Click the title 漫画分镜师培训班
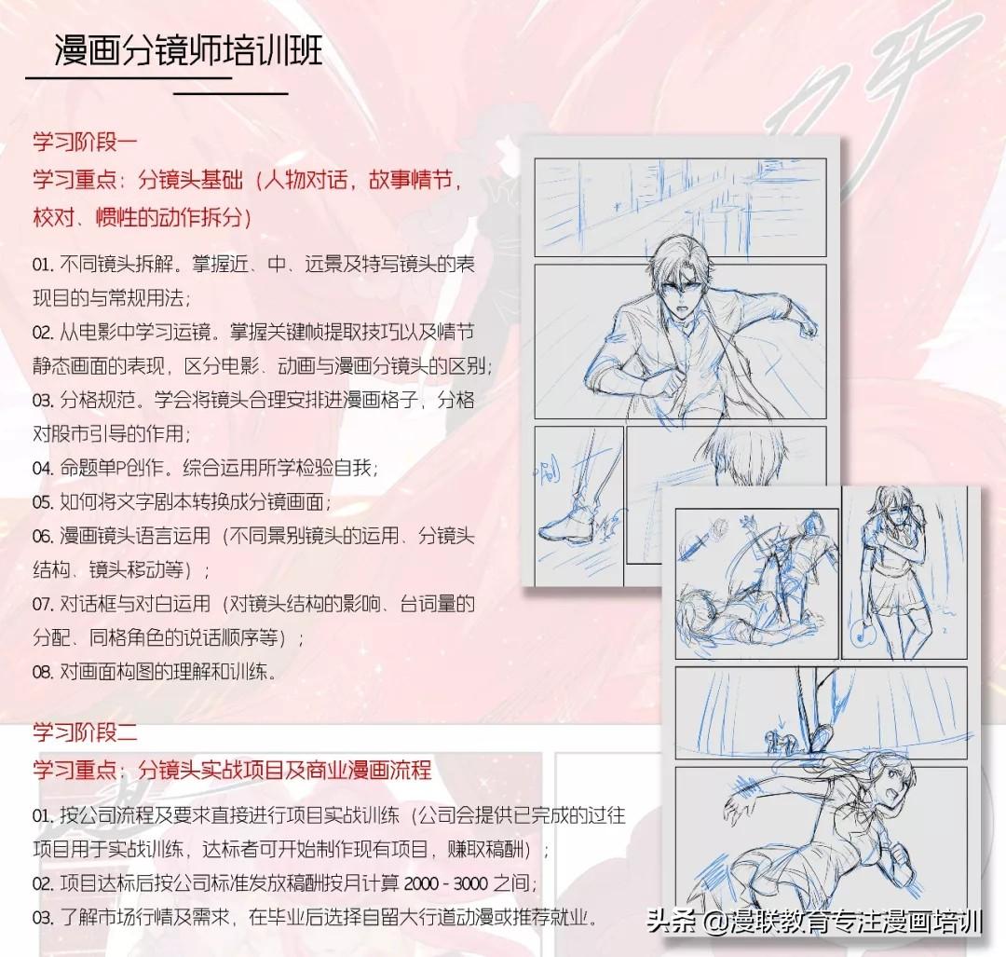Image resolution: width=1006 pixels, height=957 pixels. (188, 49)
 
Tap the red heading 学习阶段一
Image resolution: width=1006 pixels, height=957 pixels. (85, 142)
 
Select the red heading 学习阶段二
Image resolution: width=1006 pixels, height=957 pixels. (85, 731)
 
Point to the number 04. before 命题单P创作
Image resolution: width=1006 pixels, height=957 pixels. (44, 468)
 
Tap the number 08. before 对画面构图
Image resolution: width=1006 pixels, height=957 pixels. (44, 672)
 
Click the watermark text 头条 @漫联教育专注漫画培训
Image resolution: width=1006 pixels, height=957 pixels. (813, 923)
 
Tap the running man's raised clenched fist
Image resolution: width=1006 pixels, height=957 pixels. (807, 327)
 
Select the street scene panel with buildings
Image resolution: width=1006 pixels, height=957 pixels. (680, 207)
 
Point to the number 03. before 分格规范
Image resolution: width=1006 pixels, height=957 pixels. (44, 400)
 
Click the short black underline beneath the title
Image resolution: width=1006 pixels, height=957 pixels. (231, 94)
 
